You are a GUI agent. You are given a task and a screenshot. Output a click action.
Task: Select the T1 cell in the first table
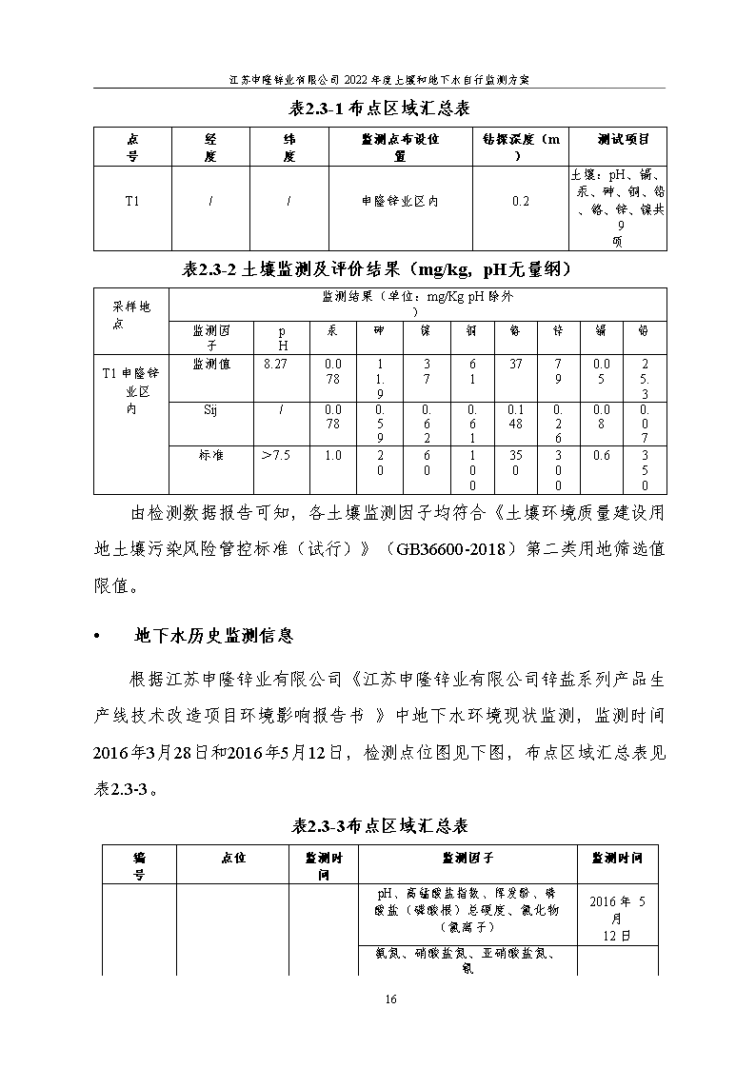click(132, 201)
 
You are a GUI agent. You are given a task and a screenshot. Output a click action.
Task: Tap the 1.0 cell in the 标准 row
click(332, 455)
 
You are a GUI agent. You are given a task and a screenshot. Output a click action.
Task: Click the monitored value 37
click(515, 364)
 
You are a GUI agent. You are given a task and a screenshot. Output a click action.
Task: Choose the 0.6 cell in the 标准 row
click(601, 455)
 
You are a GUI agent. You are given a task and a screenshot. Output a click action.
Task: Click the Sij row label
click(210, 409)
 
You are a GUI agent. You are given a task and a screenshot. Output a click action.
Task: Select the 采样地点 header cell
click(131, 315)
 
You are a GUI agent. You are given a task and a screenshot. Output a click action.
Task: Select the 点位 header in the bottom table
click(232, 858)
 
